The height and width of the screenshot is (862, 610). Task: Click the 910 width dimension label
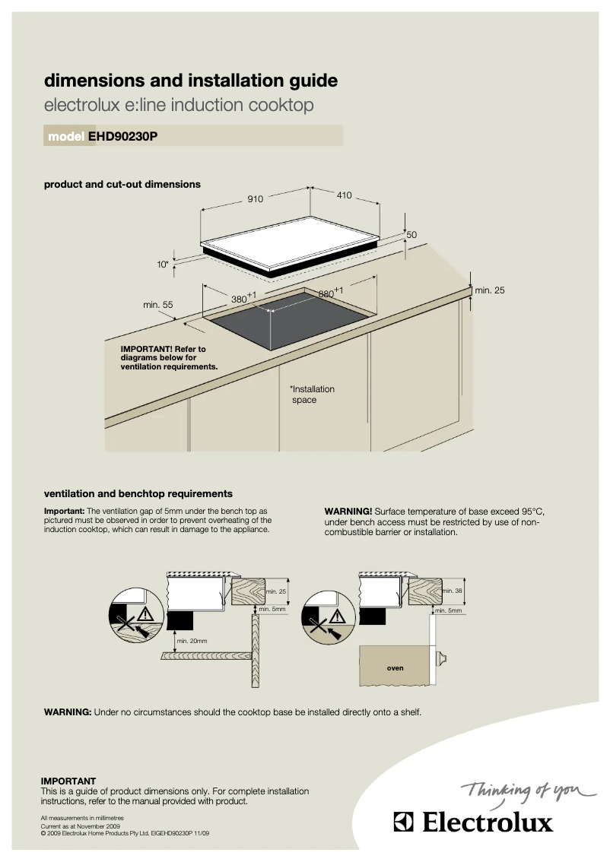pos(255,199)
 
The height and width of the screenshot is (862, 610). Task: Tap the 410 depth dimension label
pos(344,195)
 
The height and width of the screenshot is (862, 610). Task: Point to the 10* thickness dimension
pos(162,265)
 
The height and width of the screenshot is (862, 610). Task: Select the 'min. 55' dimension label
pos(158,305)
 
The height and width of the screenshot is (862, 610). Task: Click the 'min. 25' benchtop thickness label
pos(489,290)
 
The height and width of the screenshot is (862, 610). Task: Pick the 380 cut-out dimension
pos(241,299)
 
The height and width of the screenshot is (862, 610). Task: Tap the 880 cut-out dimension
pos(328,293)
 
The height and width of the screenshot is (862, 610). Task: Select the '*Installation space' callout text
pos(311,395)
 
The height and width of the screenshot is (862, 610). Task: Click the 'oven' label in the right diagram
pos(395,668)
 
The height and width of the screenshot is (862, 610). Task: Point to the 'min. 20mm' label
pos(192,641)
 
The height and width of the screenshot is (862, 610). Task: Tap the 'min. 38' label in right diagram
pos(452,591)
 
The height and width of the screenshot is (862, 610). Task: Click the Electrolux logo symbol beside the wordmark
pos(402,822)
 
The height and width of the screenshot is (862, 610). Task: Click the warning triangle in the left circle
pos(145,615)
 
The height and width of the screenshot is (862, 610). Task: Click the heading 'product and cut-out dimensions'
pos(122,184)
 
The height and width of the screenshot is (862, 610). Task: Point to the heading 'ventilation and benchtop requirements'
pos(138,493)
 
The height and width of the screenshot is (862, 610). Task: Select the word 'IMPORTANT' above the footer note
pos(68,781)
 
